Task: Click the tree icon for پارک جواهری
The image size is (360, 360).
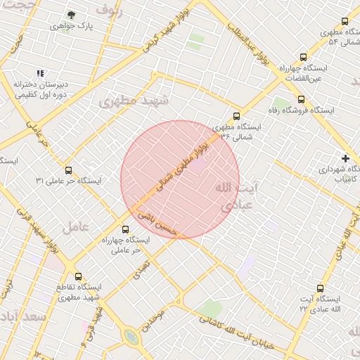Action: (72, 14)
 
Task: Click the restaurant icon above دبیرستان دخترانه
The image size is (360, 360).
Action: (41, 72)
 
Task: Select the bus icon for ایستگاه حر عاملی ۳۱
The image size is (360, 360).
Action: (68, 169)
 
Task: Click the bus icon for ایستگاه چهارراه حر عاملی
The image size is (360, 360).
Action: (126, 229)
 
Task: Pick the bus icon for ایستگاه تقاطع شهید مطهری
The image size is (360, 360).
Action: (77, 276)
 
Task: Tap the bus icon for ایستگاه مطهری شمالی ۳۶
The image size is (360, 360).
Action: (236, 116)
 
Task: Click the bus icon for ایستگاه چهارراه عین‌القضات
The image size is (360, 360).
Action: (303, 57)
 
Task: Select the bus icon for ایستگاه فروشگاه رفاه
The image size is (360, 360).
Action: (301, 99)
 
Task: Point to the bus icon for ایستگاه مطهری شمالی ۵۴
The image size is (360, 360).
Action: (344, 22)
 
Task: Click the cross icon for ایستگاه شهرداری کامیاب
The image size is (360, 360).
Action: (345, 158)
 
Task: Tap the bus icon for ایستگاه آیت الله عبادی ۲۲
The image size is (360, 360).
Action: (321, 288)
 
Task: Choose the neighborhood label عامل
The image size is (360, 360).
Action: (76, 227)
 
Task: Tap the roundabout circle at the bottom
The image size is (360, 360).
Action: (131, 337)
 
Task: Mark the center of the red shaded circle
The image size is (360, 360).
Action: (180, 179)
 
